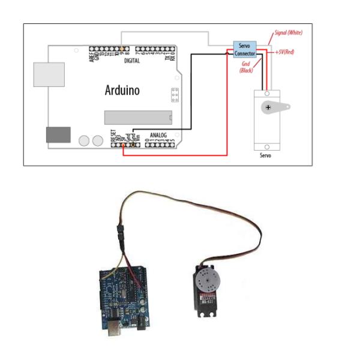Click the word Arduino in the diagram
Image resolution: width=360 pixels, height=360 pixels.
(122, 91)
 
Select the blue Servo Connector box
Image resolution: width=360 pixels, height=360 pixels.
(245, 50)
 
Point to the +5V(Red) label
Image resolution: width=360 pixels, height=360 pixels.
(284, 52)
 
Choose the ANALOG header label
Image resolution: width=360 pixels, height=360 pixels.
(158, 135)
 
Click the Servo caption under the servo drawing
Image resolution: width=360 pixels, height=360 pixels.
(265, 155)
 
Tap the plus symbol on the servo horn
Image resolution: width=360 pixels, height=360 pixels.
(268, 107)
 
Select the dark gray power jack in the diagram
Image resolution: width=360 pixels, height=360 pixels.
(58, 134)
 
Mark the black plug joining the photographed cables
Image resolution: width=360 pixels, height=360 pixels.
(119, 233)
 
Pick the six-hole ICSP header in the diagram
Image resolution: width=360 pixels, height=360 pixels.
(175, 95)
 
